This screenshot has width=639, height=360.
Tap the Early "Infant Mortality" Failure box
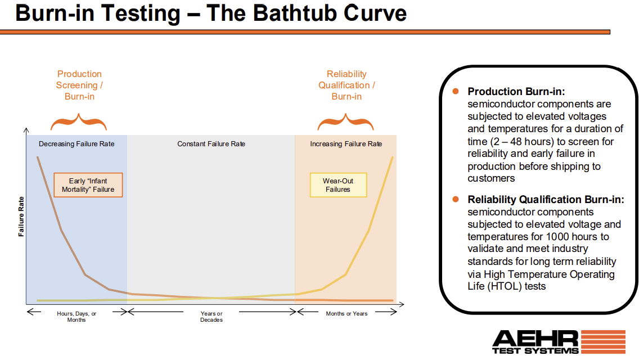pos(88,185)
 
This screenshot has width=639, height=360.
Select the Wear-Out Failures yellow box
pos(338,185)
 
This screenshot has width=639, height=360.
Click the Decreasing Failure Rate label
pos(76,144)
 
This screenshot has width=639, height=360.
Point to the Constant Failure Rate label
pos(211,144)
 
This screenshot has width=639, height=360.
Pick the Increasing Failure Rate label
pos(346,144)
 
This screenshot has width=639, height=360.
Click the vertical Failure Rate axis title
pos(21,216)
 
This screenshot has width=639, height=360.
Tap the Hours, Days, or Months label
pos(76,317)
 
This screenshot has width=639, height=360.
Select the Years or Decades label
pos(211,317)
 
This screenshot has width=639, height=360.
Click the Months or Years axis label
pos(346,313)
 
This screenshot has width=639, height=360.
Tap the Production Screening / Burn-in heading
pos(79,85)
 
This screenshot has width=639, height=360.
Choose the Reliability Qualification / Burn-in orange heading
pos(346,85)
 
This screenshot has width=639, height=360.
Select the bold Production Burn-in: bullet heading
pos(516,92)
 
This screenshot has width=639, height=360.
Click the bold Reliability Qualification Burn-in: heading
pos(546,200)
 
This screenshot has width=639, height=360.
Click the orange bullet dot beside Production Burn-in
pos(456,91)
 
